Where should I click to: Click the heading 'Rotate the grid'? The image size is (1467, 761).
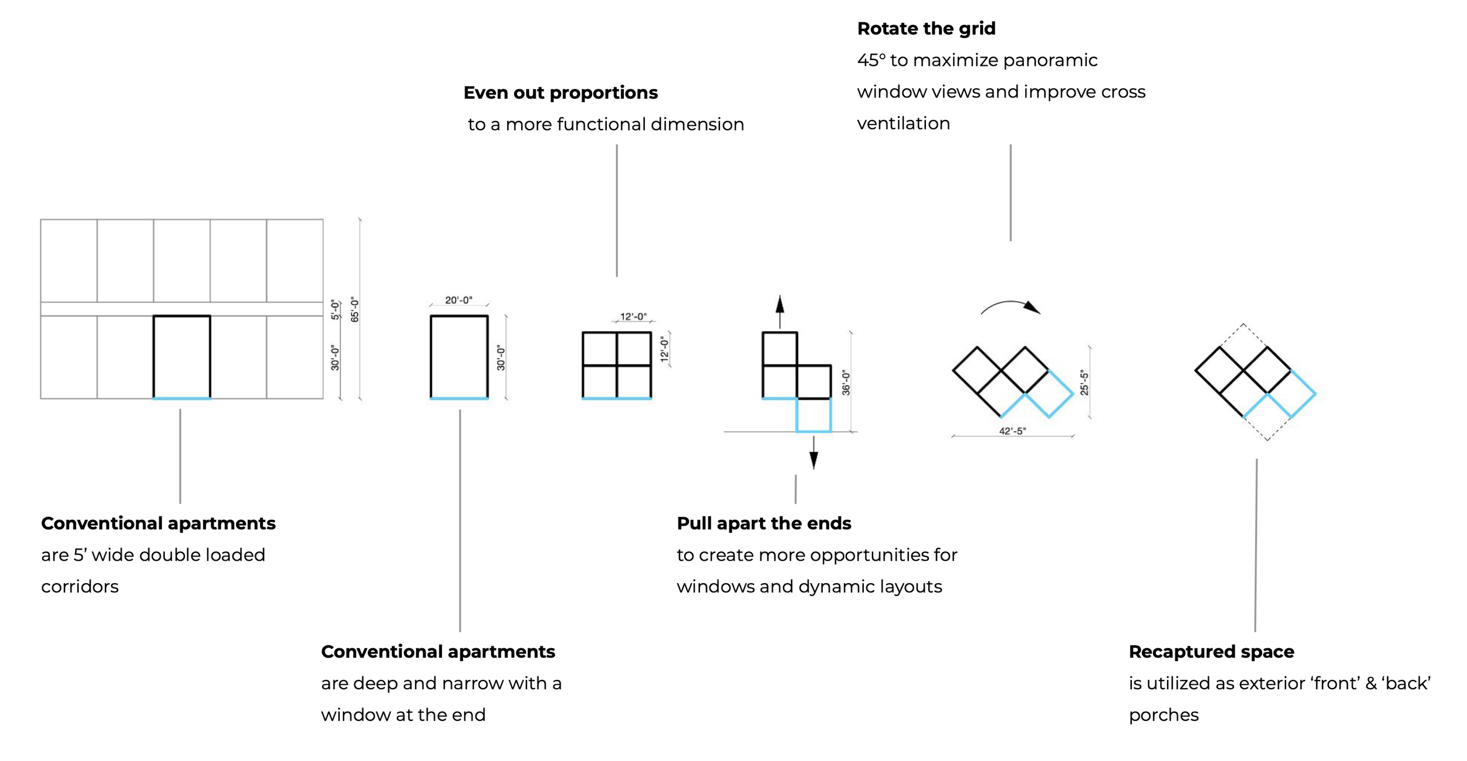[926, 29]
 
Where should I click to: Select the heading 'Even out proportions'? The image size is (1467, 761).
[560, 93]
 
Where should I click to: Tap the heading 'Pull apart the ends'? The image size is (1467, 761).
[763, 523]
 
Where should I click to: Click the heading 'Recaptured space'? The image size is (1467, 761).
[1211, 652]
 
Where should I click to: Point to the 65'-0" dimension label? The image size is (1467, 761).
[354, 309]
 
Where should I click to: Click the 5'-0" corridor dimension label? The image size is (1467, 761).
[335, 309]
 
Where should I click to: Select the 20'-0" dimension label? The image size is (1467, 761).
[458, 300]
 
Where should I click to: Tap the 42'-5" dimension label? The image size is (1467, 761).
[1012, 431]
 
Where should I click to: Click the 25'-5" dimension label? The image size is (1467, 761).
[1084, 383]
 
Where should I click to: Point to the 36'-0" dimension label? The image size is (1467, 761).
[846, 382]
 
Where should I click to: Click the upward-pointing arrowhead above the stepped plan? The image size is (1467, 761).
[779, 304]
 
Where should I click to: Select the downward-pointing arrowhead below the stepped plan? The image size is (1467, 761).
[813, 460]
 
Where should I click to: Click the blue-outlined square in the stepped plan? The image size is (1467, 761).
[813, 415]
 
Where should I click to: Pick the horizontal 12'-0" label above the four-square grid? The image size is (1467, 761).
[633, 316]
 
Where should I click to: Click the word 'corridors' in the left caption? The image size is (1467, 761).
[80, 587]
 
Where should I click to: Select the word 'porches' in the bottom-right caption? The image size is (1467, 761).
[1164, 715]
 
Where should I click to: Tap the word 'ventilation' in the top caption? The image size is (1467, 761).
[903, 123]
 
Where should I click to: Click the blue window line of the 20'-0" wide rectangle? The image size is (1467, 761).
[459, 399]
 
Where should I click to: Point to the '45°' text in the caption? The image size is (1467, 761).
[871, 60]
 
